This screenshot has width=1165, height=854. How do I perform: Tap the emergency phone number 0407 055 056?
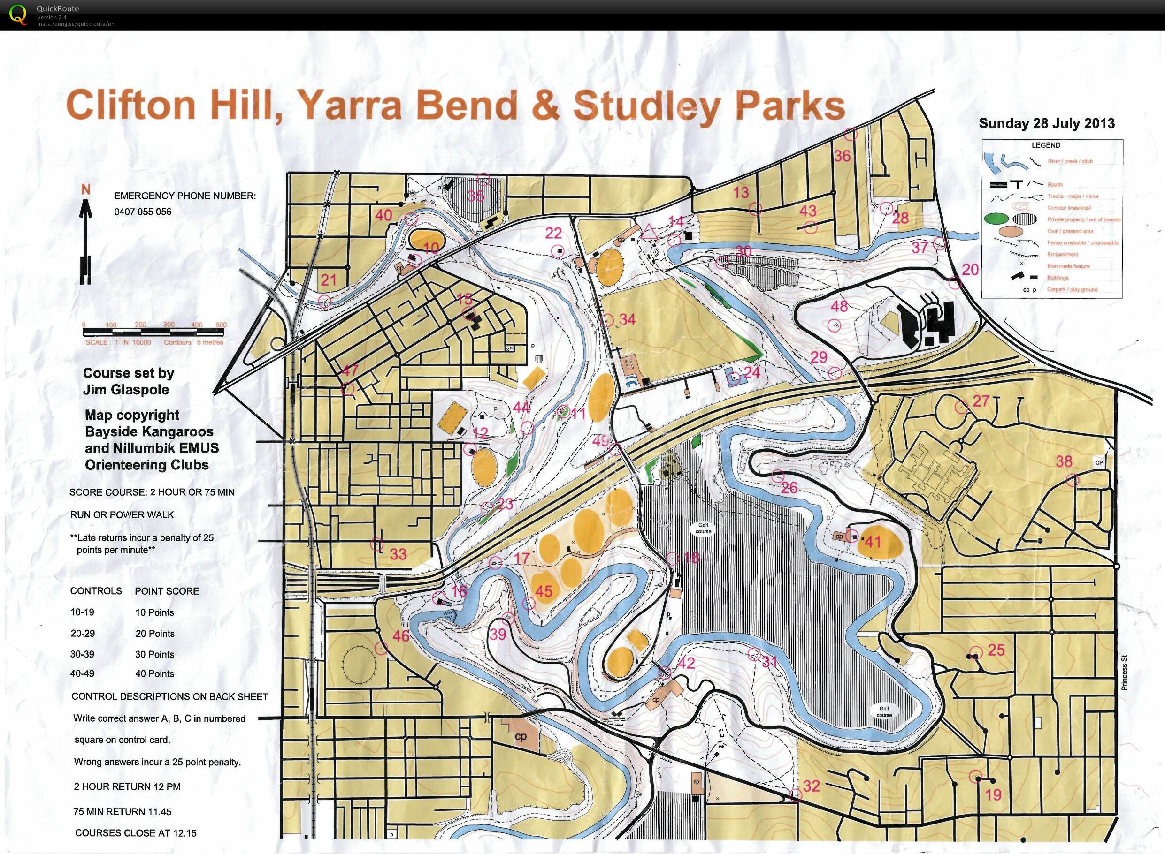143,212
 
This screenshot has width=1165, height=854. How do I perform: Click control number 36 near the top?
842,156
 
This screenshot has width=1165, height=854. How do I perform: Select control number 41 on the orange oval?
873,542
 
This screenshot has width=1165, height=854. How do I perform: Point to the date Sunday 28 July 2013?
1047,123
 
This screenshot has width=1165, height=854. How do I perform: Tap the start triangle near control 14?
649,232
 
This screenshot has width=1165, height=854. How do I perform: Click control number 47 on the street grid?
350,370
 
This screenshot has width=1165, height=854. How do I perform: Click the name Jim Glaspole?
126,390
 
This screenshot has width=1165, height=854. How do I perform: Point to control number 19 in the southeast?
993,794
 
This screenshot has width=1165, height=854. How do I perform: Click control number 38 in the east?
1064,461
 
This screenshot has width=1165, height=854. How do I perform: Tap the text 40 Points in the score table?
154,673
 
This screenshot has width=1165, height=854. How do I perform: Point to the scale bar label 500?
221,325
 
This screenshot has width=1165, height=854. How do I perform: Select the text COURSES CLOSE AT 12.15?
136,833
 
